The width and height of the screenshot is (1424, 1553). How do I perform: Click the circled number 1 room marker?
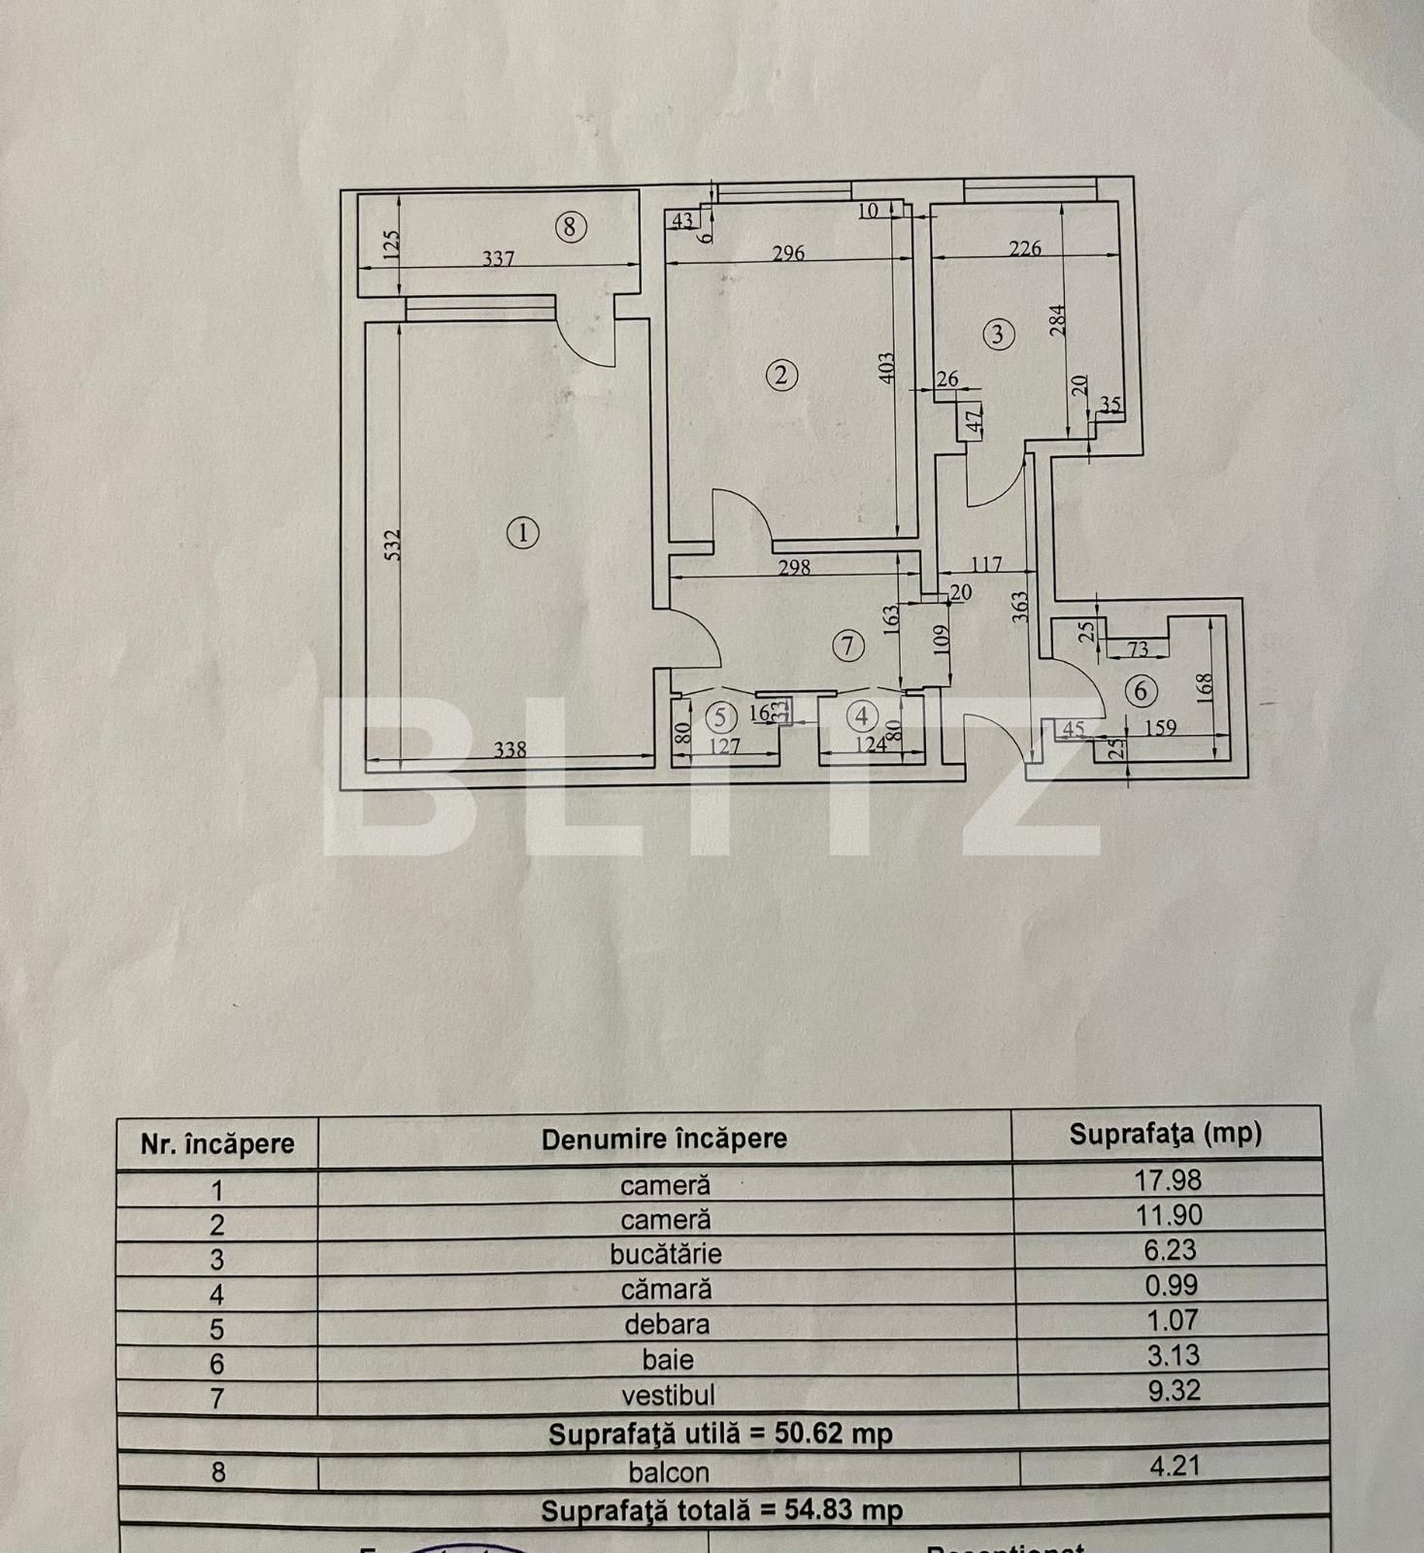[x=523, y=533]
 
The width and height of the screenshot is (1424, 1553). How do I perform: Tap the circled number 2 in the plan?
[x=781, y=375]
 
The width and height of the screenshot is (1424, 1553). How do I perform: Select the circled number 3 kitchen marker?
[x=998, y=334]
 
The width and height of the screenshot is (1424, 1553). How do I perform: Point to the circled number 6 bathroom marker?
[x=1141, y=691]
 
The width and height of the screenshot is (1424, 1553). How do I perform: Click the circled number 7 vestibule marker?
[x=848, y=645]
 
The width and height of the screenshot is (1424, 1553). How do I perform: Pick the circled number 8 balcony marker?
[x=570, y=227]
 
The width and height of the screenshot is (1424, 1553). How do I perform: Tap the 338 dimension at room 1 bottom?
[x=510, y=749]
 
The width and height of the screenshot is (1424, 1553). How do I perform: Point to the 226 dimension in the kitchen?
[x=1025, y=248]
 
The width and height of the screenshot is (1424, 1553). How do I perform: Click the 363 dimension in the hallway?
[x=1018, y=612]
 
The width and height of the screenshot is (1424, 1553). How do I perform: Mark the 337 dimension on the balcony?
[x=498, y=259]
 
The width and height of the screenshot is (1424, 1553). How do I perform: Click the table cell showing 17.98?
[x=1168, y=1180]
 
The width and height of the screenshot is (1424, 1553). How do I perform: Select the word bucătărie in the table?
[x=666, y=1254]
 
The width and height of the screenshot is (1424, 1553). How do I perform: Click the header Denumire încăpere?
[x=664, y=1139]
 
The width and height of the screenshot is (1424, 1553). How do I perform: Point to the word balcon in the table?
[x=669, y=1472]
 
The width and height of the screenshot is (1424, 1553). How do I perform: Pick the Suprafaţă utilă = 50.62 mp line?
[x=720, y=1434]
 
